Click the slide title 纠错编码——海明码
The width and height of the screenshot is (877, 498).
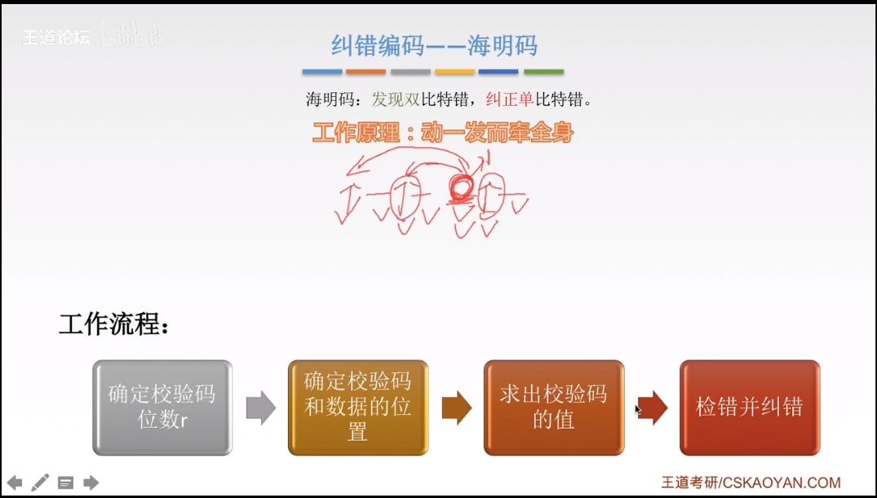click(434, 45)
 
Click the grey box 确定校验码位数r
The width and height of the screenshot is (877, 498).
click(162, 407)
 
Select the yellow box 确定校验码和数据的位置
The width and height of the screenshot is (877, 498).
click(357, 407)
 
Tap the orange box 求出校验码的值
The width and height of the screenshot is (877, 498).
click(553, 407)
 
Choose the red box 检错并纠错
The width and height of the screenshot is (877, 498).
click(749, 407)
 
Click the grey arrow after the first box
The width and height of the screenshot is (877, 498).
click(260, 408)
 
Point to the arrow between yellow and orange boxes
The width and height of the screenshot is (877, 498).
click(456, 408)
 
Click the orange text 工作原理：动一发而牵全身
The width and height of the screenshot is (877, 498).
click(442, 133)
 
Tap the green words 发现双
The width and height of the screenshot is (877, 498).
click(396, 100)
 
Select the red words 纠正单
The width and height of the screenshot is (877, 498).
click(510, 100)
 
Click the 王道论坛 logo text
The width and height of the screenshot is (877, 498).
click(55, 37)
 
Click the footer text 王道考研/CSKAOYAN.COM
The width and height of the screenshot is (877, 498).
click(751, 483)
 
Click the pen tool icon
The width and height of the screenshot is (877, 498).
click(40, 483)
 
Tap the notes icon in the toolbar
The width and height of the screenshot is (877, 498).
click(65, 483)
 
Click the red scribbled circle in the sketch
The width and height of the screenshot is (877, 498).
click(460, 188)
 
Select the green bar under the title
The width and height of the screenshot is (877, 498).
click(543, 72)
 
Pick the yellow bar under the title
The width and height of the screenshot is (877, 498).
click(454, 72)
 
